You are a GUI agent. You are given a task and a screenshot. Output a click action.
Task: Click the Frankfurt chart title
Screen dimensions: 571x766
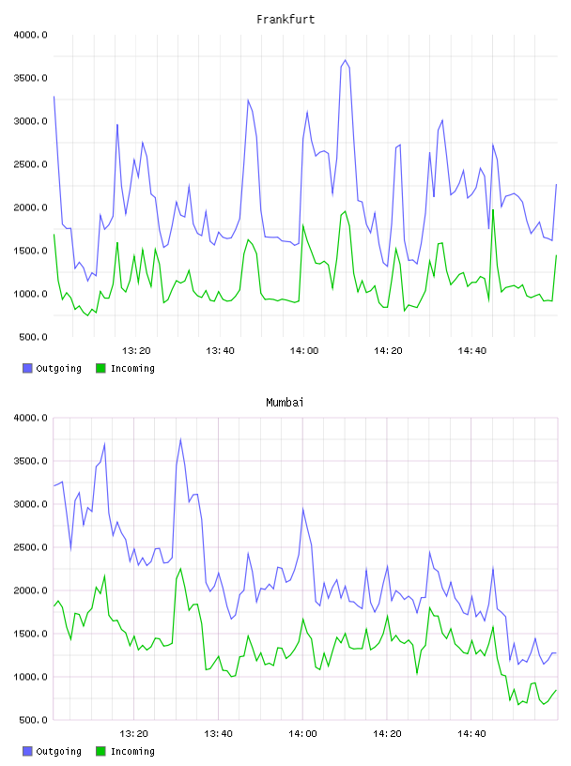point(285,19)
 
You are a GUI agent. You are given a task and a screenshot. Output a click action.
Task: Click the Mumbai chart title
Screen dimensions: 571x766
point(285,402)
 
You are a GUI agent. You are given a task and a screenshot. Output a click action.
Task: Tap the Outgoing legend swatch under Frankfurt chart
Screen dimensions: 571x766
point(27,368)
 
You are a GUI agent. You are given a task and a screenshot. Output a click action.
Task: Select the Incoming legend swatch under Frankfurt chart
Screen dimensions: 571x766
point(100,368)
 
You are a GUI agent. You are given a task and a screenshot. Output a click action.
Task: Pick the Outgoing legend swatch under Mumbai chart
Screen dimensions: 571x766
point(27,751)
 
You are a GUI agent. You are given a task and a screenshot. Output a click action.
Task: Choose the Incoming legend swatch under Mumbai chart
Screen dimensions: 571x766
point(100,751)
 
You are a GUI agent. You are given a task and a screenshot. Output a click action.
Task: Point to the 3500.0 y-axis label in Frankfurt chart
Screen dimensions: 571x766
point(30,78)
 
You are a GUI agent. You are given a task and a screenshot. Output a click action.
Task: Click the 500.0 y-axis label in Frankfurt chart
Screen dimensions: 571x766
point(33,337)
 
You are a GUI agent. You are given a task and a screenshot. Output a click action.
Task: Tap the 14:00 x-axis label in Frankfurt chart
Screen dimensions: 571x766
point(304,351)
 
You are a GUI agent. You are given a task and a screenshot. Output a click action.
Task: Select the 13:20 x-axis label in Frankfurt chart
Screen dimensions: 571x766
point(136,351)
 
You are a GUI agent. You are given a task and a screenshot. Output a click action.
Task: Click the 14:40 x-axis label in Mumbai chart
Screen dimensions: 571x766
point(471,734)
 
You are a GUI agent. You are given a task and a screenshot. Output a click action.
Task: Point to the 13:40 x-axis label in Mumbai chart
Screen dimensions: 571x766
point(218,734)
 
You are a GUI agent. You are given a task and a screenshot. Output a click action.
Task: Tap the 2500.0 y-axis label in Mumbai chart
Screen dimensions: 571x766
point(30,547)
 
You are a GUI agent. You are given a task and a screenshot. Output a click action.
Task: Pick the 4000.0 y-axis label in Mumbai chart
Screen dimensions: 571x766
point(30,418)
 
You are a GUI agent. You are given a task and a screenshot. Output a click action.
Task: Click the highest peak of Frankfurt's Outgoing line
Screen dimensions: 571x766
point(346,60)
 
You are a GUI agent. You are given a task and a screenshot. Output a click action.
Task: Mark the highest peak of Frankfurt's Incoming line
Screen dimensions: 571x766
point(493,209)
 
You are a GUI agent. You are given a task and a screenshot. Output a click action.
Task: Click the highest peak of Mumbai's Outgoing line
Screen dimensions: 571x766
point(180,438)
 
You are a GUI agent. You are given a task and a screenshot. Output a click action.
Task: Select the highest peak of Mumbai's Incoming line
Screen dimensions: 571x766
point(180,568)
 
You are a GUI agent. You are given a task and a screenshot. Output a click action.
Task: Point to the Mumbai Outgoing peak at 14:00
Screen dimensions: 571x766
point(303,509)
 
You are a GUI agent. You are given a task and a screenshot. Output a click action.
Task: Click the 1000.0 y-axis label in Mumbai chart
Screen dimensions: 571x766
point(30,677)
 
